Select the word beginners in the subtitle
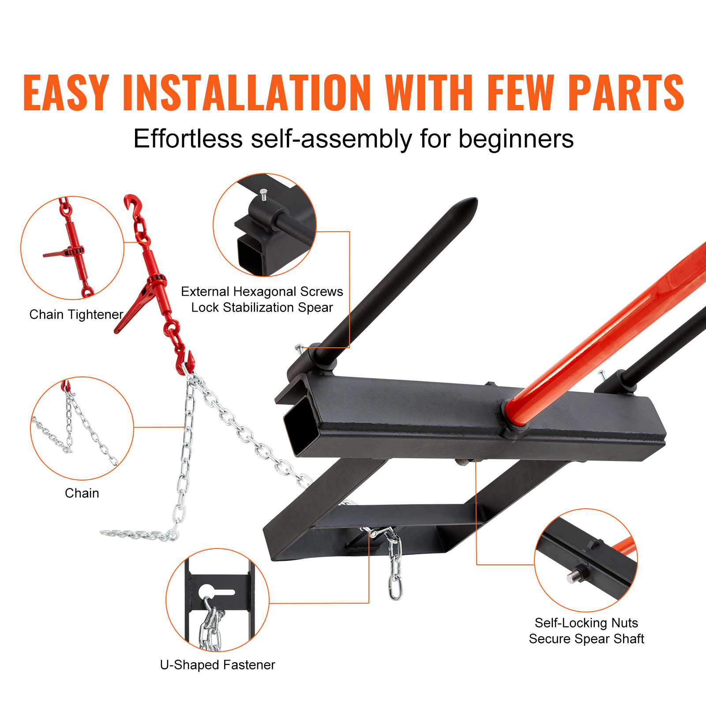(x=516, y=139)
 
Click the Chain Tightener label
(x=76, y=315)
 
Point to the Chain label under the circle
(x=82, y=493)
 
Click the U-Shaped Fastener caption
(x=218, y=665)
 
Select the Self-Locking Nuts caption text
(x=586, y=623)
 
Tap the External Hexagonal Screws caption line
(x=262, y=292)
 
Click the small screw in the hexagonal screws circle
(x=263, y=194)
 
